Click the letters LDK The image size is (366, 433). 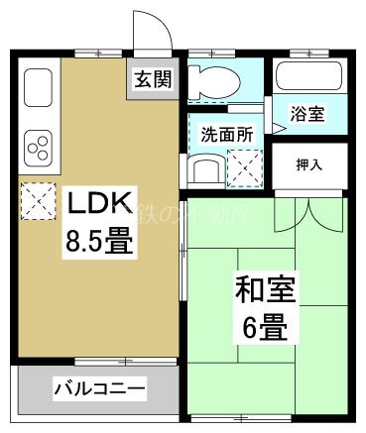click(99, 205)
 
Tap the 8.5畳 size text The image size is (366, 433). click(99, 241)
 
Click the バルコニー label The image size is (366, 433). click(100, 387)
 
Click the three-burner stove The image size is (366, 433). click(41, 148)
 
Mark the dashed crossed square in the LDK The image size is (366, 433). click(39, 202)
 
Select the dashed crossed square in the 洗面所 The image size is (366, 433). click(245, 165)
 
